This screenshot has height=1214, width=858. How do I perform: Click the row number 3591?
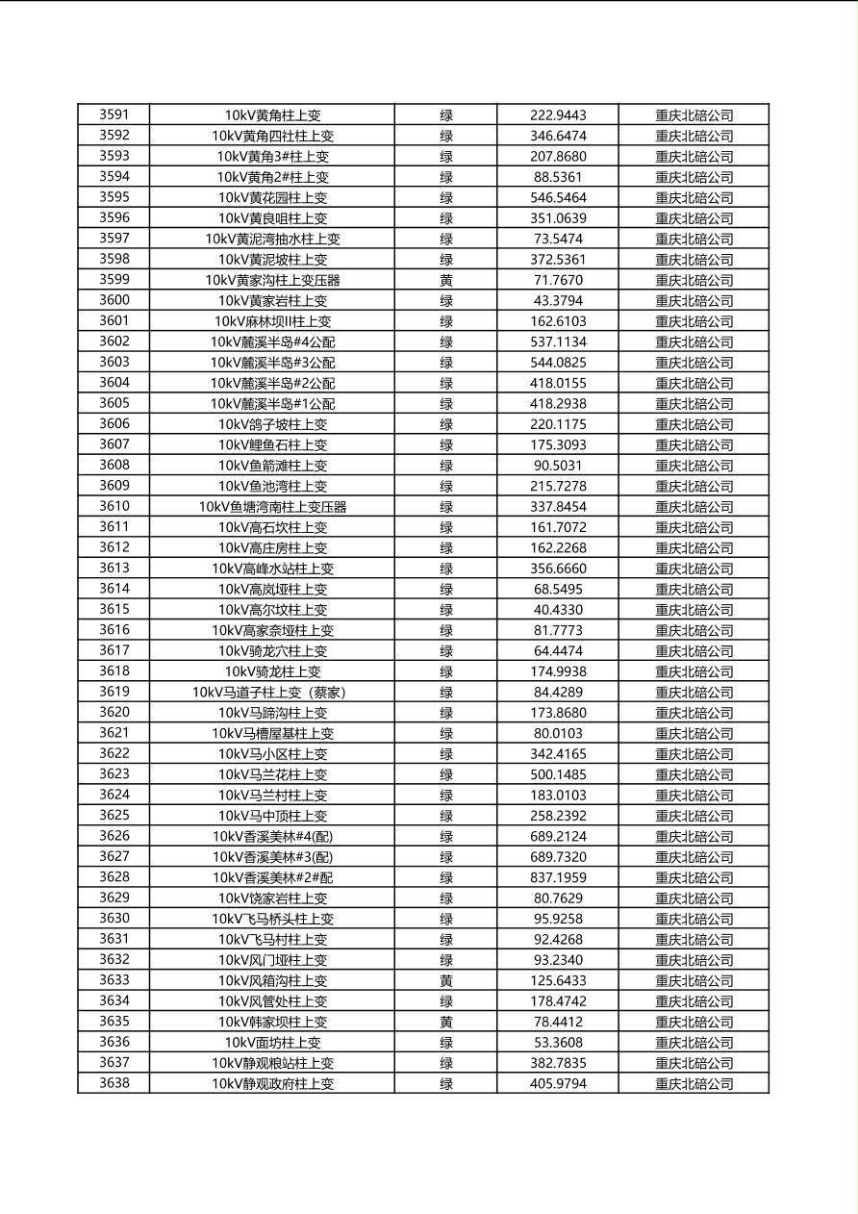tap(114, 114)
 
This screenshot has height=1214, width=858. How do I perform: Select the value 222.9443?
tap(558, 115)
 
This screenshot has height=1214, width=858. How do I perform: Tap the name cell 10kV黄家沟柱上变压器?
tap(272, 280)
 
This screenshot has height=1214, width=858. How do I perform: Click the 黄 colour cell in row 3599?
tap(446, 280)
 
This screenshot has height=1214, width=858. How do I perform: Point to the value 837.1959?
tap(558, 877)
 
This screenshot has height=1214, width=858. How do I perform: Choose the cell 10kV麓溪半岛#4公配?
tap(272, 341)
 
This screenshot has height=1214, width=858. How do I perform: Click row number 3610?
tap(114, 506)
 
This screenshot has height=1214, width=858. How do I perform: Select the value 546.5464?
tap(558, 197)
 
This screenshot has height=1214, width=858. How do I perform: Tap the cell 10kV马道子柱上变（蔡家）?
tap(272, 692)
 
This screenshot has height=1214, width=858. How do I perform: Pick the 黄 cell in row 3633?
tap(446, 980)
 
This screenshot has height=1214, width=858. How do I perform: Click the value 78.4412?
tap(558, 1022)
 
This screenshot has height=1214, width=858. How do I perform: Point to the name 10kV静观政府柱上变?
tap(272, 1083)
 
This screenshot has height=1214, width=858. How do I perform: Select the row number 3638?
tap(114, 1083)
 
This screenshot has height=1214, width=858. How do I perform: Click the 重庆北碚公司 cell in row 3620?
tap(694, 713)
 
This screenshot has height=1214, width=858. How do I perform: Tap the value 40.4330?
tap(558, 610)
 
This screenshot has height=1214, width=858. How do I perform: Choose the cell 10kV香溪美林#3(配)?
tap(272, 857)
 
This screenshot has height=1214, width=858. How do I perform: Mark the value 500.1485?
tap(558, 774)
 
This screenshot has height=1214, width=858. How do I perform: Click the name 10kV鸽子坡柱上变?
tap(272, 424)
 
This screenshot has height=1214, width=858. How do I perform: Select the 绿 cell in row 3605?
tap(446, 404)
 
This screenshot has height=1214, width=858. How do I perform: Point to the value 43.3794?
tap(558, 300)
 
